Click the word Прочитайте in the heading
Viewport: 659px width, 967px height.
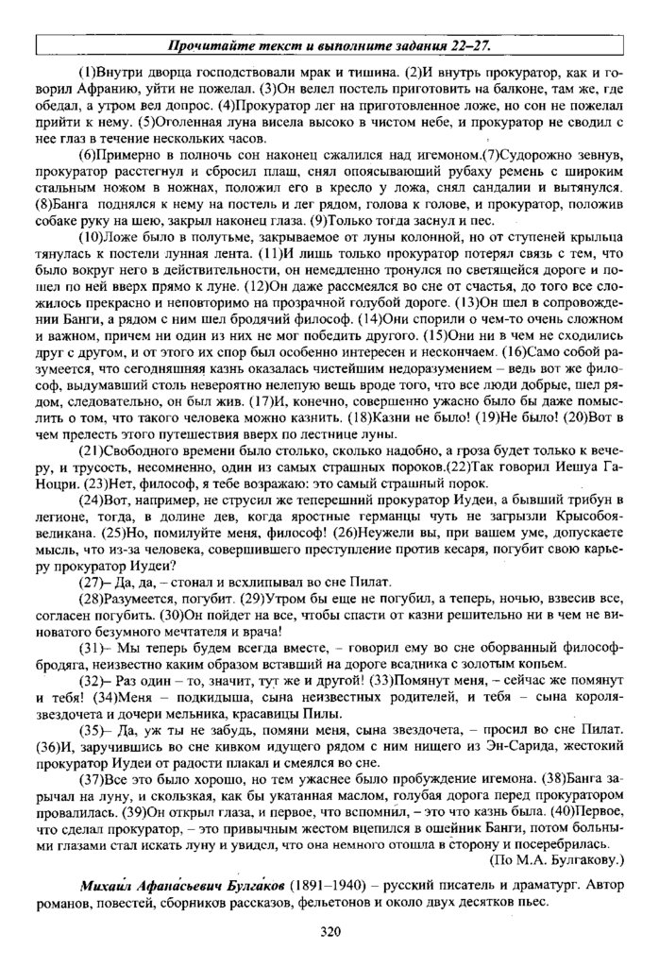[209, 45]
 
